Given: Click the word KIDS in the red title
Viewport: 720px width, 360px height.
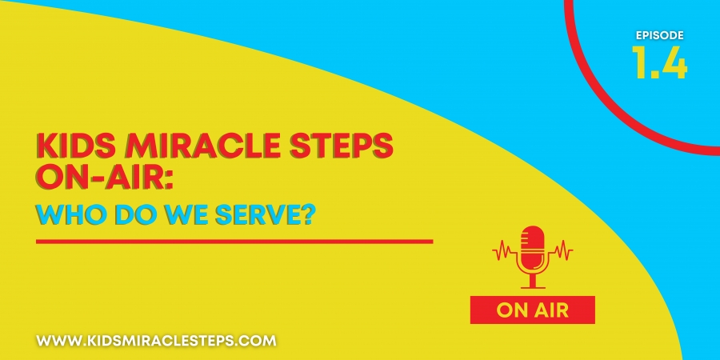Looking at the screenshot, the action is (x=66, y=146).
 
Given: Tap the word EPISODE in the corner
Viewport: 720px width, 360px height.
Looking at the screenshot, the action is (x=660, y=35).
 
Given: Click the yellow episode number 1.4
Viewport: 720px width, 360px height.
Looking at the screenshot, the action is (x=659, y=62).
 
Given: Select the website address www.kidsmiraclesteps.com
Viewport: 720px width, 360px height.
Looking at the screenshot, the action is (x=157, y=341).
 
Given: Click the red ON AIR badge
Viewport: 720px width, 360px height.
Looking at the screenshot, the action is (x=533, y=310).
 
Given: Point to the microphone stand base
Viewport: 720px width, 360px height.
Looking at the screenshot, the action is (x=533, y=287).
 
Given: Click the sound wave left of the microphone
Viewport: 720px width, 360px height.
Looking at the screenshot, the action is (x=504, y=251).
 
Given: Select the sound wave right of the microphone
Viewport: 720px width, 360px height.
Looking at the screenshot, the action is (x=561, y=251).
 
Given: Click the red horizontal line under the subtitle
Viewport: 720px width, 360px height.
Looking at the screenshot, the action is (x=234, y=241).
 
